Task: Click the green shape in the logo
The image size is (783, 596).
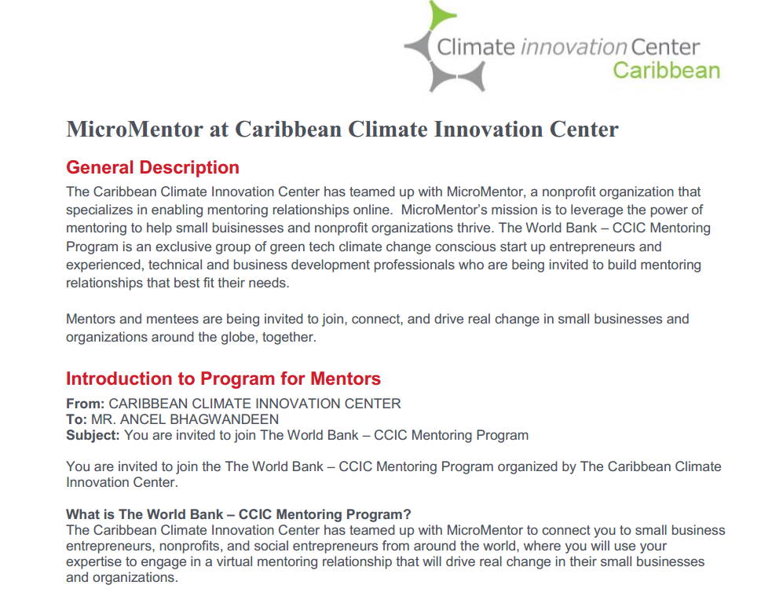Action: click(x=441, y=15)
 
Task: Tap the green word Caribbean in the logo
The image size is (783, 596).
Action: click(x=667, y=71)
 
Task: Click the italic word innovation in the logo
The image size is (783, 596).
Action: click(x=573, y=47)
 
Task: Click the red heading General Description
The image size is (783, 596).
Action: click(x=153, y=167)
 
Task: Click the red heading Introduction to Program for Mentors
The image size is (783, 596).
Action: click(x=223, y=378)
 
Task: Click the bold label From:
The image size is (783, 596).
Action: click(x=86, y=404)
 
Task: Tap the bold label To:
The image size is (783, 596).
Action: click(x=77, y=419)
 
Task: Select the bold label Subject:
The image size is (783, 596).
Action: click(x=93, y=435)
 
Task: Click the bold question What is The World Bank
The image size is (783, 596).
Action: click(x=145, y=514)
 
